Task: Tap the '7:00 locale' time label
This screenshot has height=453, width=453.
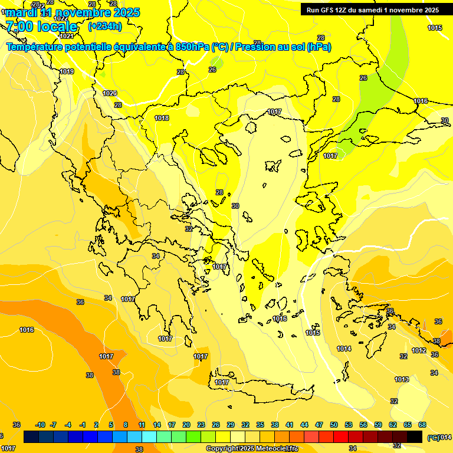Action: pyautogui.click(x=41, y=27)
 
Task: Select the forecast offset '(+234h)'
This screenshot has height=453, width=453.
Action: pyautogui.click(x=104, y=27)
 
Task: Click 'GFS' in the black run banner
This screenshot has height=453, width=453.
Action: pyautogui.click(x=329, y=10)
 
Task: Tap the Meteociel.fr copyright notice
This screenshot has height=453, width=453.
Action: pyautogui.click(x=252, y=449)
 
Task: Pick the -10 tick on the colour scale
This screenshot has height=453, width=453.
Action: pyautogui.click(x=40, y=425)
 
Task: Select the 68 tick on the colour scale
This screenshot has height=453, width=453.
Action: pyautogui.click(x=422, y=425)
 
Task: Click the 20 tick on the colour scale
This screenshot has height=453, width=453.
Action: pyautogui.click(x=186, y=425)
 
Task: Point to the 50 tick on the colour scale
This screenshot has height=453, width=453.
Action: pyautogui.click(x=334, y=425)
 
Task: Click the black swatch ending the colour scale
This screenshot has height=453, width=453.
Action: pyautogui.click(x=415, y=436)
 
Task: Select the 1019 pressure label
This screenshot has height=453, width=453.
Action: pyautogui.click(x=67, y=71)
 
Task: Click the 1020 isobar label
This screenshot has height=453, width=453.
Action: pyautogui.click(x=110, y=93)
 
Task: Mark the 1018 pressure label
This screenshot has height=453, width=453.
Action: pyautogui.click(x=162, y=119)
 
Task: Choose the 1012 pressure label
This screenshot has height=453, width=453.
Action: pyautogui.click(x=419, y=351)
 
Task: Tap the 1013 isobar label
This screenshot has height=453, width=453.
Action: pyautogui.click(x=402, y=379)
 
